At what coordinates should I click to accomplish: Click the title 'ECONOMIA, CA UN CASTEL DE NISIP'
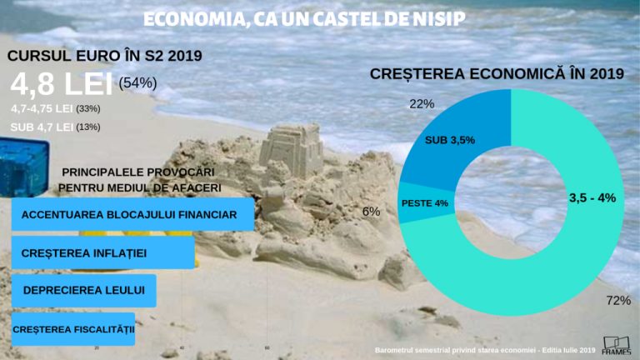pyautogui.click(x=303, y=18)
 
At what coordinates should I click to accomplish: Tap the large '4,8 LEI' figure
pyautogui.click(x=62, y=85)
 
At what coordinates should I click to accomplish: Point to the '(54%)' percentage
pyautogui.click(x=138, y=82)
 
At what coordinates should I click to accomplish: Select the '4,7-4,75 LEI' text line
pyautogui.click(x=42, y=108)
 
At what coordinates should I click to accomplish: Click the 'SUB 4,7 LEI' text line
pyautogui.click(x=41, y=127)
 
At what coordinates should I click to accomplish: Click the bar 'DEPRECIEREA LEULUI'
pyautogui.click(x=84, y=290)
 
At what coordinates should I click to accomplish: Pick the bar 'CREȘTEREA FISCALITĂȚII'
pyautogui.click(x=74, y=329)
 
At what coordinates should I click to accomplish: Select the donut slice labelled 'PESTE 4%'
pyautogui.click(x=424, y=203)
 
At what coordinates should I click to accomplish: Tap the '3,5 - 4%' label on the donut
pyautogui.click(x=592, y=197)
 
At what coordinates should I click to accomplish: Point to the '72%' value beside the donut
pyautogui.click(x=618, y=300)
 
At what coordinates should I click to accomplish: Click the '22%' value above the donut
pyautogui.click(x=422, y=104)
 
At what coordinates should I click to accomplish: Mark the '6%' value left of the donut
pyautogui.click(x=371, y=212)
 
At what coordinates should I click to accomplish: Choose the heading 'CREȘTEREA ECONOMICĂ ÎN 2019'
pyautogui.click(x=497, y=74)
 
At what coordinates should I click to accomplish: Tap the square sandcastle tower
pyautogui.click(x=291, y=151)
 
